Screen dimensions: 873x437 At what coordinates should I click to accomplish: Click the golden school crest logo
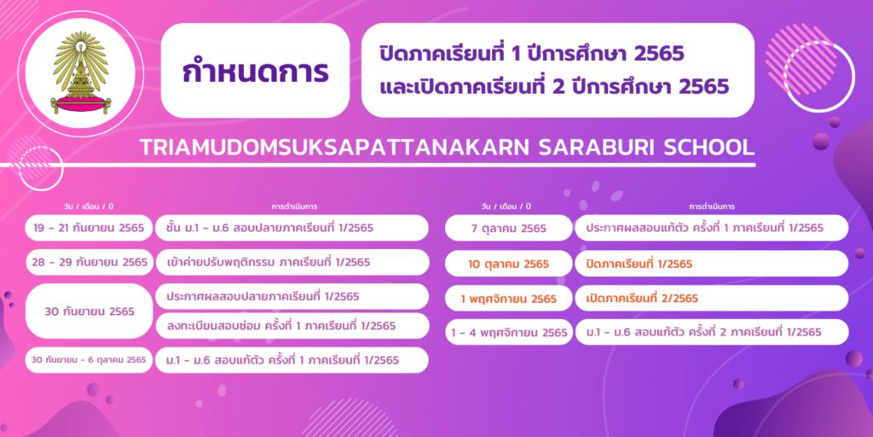[81, 73]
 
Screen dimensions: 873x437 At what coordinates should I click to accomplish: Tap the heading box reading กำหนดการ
[255, 71]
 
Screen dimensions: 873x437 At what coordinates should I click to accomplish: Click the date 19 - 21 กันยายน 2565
[89, 228]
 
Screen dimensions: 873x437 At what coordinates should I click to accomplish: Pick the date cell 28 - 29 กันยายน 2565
[89, 263]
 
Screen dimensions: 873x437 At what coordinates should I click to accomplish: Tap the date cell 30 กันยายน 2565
[89, 312]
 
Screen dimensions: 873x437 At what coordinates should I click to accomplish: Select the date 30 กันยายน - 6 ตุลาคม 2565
[89, 360]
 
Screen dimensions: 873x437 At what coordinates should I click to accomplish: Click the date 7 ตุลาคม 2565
[509, 228]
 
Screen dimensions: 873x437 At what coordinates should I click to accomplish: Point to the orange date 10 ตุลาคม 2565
[509, 264]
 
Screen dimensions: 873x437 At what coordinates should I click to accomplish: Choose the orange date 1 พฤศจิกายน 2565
[509, 299]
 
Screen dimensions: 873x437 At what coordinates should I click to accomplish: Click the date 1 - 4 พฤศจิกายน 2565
[509, 334]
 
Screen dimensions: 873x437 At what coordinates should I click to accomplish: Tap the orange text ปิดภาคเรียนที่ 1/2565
[639, 264]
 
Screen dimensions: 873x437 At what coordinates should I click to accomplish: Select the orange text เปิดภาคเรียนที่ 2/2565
[642, 299]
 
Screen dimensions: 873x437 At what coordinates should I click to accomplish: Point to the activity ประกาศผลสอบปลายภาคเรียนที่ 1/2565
[263, 297]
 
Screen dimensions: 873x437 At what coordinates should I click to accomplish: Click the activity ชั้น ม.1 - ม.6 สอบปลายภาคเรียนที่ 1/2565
[269, 228]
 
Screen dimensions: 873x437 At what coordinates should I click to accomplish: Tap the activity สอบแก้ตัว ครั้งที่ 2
[703, 332]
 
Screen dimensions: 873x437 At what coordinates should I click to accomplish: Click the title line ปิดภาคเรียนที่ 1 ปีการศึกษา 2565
[530, 54]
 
